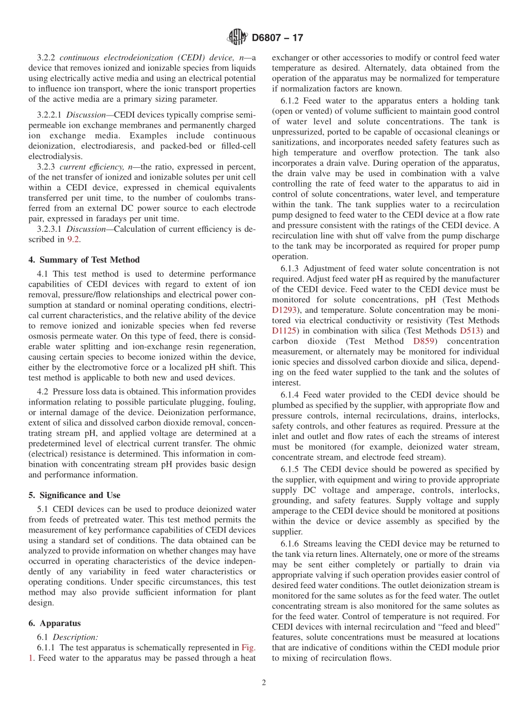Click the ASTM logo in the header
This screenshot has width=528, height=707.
[237, 38]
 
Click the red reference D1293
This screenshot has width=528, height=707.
[284, 310]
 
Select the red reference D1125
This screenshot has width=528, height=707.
[284, 331]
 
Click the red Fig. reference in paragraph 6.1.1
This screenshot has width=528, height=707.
[248, 648]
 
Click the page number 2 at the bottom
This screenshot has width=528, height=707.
[264, 683]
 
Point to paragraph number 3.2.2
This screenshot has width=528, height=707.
[47, 58]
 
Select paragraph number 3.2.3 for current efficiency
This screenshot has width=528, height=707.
[47, 167]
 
